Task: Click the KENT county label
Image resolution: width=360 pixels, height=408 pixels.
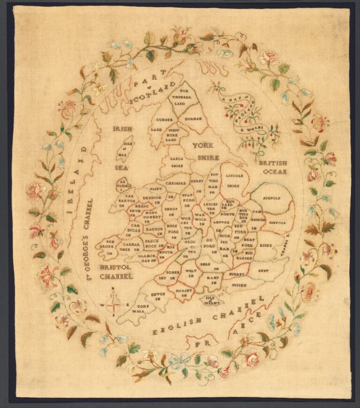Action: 264,271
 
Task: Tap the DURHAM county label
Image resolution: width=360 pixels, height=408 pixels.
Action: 193,119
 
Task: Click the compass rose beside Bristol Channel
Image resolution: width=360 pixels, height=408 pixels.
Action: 113,304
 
